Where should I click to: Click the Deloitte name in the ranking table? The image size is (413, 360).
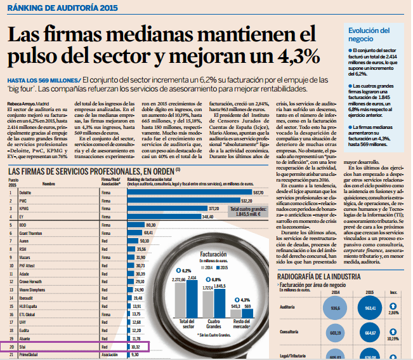coord(25,192)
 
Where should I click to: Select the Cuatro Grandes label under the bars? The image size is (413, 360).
coord(219,323)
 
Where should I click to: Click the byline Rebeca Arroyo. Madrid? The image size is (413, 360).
coord(29,103)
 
